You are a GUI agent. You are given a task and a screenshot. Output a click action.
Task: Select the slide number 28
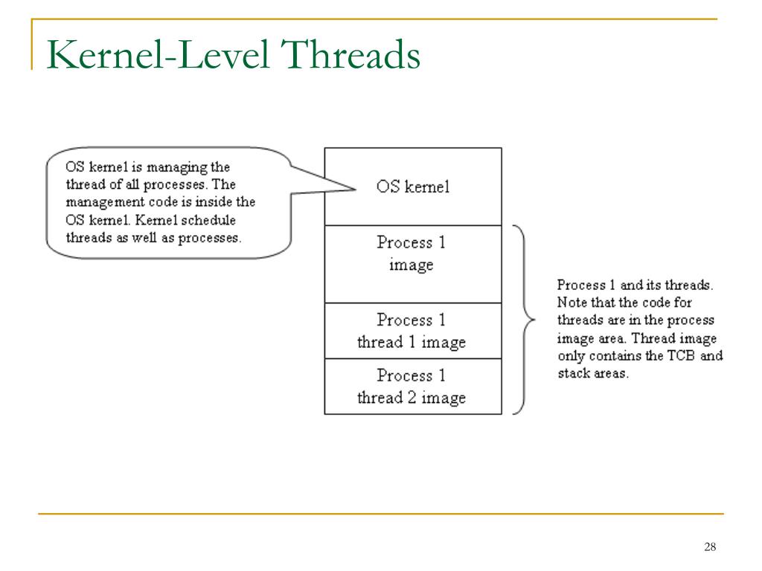tap(709, 548)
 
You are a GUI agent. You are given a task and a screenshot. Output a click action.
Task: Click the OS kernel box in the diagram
tap(412, 187)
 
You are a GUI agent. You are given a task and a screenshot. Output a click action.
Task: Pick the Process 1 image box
tap(412, 264)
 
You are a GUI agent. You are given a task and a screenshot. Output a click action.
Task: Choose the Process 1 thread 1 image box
tap(412, 331)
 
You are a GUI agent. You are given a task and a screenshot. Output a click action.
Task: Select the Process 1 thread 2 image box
tap(412, 387)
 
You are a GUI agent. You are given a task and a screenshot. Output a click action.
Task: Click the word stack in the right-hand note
tap(572, 373)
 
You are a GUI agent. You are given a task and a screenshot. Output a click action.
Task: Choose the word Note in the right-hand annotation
tap(571, 303)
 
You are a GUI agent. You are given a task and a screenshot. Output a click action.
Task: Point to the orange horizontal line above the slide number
tap(381, 513)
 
